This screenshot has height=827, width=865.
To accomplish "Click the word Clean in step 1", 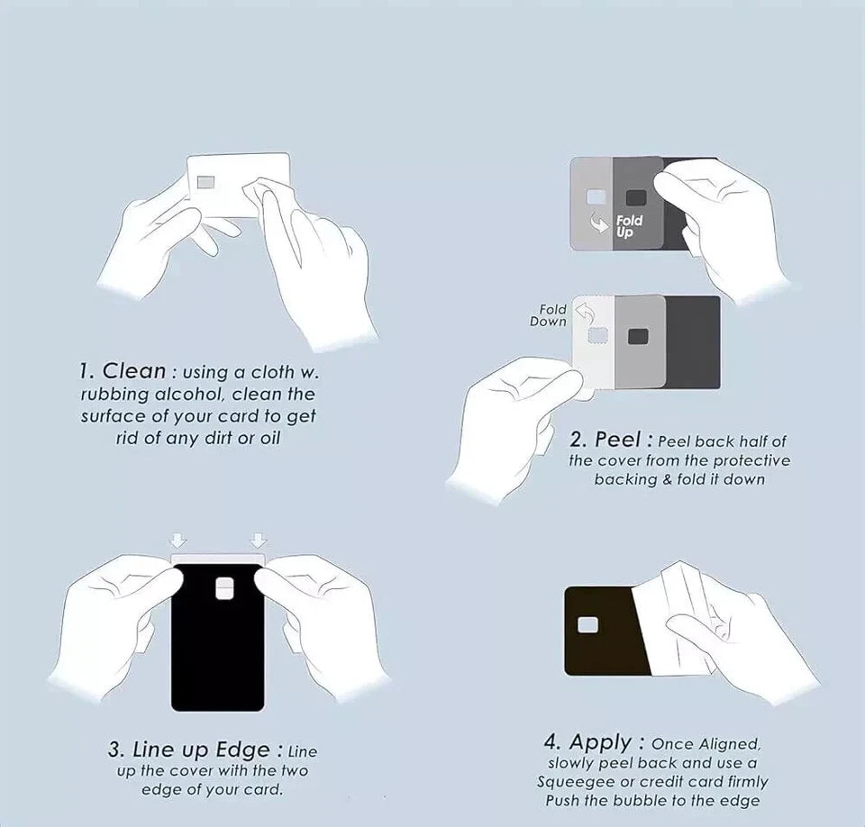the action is point(134,371).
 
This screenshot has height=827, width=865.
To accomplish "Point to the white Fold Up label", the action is point(629,226).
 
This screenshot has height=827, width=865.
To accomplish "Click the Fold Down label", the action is point(549,315).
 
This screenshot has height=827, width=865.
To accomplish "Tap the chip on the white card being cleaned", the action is point(207,182).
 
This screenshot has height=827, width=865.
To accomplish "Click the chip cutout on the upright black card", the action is point(224,588).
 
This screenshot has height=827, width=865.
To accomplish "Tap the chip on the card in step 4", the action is point(587,624).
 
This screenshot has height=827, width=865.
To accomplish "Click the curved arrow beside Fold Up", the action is point(600,223).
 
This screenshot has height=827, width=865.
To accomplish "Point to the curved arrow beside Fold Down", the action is point(586,314).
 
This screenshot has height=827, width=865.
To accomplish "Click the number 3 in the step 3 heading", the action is point(114,750).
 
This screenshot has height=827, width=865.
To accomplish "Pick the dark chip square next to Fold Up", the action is point(636,198).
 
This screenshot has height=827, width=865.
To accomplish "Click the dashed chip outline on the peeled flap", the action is point(598,336).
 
